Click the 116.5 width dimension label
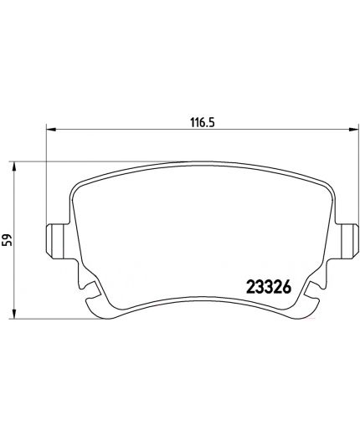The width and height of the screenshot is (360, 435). pos(203,122)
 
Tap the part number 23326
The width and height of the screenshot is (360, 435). pos(269,287)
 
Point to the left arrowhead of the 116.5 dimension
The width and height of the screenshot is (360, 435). pos(51,129)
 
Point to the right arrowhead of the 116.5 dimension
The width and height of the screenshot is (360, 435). pos(352,129)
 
